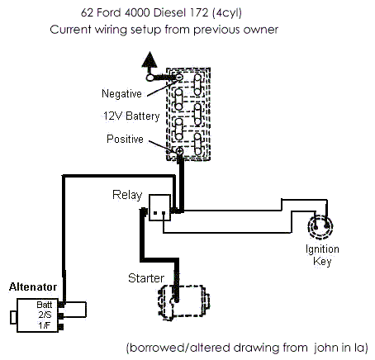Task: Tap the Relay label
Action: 127,195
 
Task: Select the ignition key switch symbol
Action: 320,227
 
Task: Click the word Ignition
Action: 322,249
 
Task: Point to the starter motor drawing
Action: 183,302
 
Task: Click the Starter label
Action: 146,278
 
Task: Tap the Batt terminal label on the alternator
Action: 45,305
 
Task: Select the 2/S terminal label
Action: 45,315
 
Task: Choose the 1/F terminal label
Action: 45,325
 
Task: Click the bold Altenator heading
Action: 33,287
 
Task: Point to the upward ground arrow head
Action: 150,59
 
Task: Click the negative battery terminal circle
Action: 179,77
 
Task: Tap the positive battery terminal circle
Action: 179,151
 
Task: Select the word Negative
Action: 121,93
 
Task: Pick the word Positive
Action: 125,139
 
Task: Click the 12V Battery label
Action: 131,116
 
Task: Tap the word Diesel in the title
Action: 169,12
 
